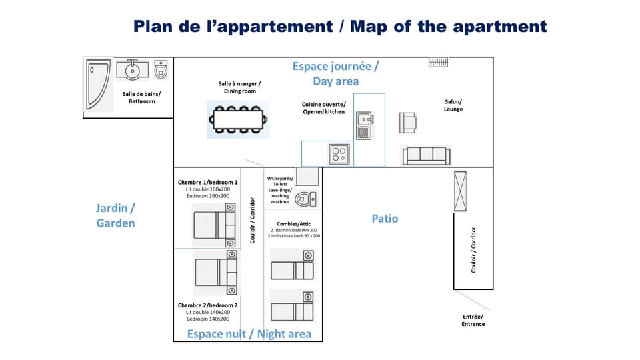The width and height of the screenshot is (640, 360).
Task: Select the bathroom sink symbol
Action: pyautogui.click(x=132, y=69)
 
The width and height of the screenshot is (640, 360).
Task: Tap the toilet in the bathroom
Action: pyautogui.click(x=161, y=69)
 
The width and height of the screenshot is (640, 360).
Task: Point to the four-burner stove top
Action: pyautogui.click(x=339, y=155)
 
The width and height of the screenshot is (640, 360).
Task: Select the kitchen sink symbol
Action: pyautogui.click(x=364, y=125)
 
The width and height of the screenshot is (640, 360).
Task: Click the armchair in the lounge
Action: pyautogui.click(x=407, y=123)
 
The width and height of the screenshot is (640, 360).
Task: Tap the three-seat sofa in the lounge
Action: pyautogui.click(x=425, y=155)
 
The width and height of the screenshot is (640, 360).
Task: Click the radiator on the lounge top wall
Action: pyautogui.click(x=438, y=63)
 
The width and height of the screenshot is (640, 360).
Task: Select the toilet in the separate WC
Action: pyautogui.click(x=305, y=199)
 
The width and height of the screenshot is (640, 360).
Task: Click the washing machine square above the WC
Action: pyautogui.click(x=307, y=177)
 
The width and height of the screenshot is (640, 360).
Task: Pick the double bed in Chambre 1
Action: pyautogui.click(x=215, y=221)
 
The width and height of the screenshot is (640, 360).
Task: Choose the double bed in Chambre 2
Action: pyautogui.click(x=215, y=272)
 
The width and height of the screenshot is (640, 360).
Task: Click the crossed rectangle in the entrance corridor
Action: pyautogui.click(x=460, y=191)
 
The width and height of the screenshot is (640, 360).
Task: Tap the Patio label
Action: pyautogui.click(x=385, y=219)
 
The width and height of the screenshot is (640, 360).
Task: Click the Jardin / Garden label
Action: pyautogui.click(x=115, y=216)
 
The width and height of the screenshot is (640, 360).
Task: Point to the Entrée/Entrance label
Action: pyautogui.click(x=473, y=320)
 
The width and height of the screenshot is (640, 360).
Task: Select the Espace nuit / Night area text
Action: pyautogui.click(x=249, y=334)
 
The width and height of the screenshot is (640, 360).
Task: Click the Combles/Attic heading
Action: pyautogui.click(x=293, y=224)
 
